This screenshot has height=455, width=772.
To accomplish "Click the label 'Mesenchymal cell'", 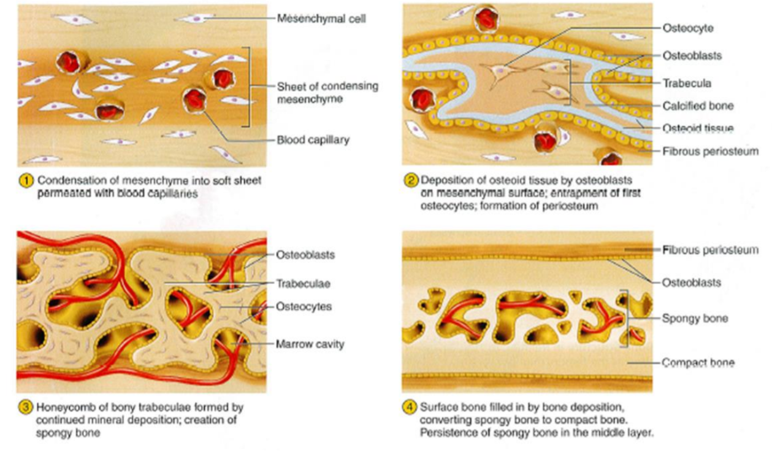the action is tap(321, 18).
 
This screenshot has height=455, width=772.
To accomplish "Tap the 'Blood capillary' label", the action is tap(313, 139).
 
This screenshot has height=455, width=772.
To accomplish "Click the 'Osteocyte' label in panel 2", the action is tap(688, 28).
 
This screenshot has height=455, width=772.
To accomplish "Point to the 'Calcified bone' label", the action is tap(698, 106).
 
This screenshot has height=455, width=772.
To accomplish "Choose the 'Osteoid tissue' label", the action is tap(698, 128).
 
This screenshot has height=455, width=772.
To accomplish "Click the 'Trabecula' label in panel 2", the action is tap(687, 82).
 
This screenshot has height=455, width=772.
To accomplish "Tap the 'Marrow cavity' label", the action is tap(310, 344).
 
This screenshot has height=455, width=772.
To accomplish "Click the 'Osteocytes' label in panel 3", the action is tap(304, 306).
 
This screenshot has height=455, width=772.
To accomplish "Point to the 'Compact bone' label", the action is tap(698, 363).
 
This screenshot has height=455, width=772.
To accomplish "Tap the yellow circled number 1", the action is tap(26, 181).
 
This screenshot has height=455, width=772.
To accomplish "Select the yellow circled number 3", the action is tap(26, 406).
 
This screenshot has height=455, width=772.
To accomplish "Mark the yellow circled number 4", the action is tap(411, 406).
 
